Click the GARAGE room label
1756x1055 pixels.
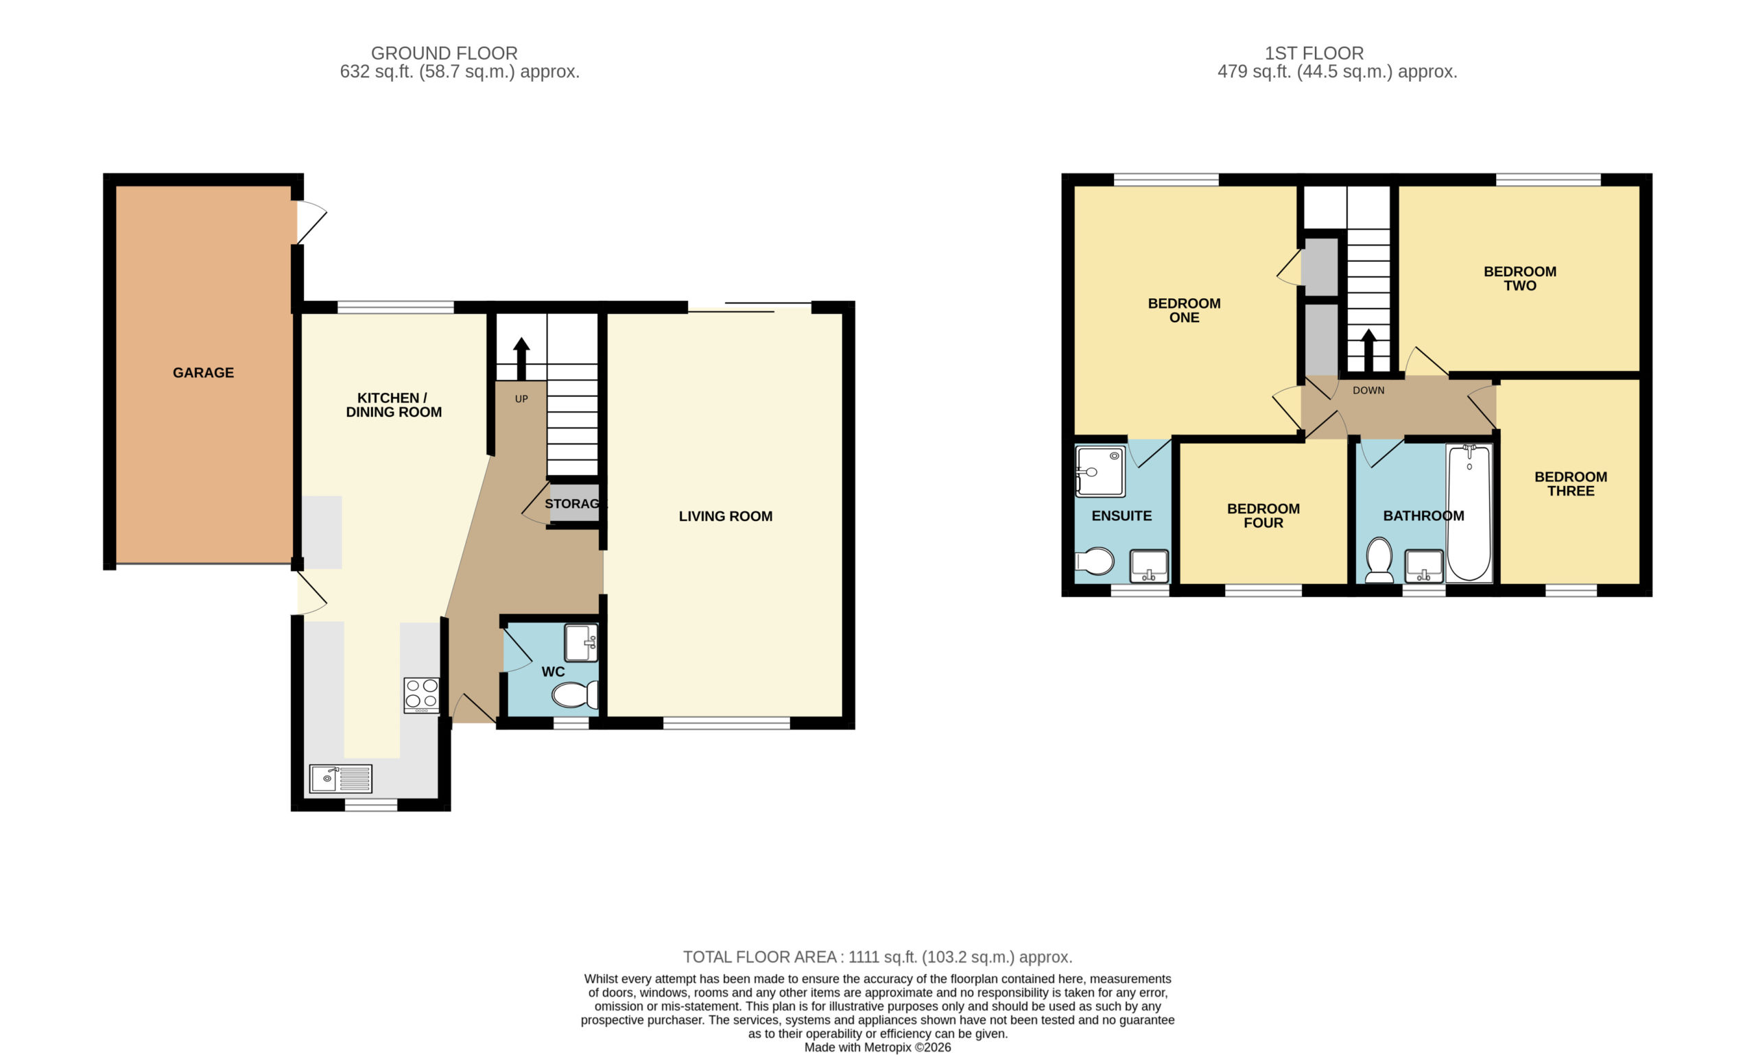click(x=203, y=372)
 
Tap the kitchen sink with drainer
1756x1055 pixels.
click(x=341, y=779)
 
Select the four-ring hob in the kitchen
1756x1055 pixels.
click(x=422, y=695)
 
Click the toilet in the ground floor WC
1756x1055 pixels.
click(x=576, y=694)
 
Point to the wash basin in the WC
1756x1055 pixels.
click(x=581, y=643)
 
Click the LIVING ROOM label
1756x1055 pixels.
click(x=726, y=516)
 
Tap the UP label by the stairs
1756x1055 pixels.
click(x=521, y=399)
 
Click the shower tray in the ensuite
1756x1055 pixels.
click(x=1100, y=472)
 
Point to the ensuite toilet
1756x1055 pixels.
click(x=1094, y=561)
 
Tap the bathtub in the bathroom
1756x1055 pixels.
click(x=1469, y=513)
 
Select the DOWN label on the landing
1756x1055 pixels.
click(x=1368, y=390)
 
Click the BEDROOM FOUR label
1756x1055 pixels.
click(x=1263, y=516)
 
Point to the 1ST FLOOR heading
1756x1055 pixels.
click(x=1314, y=53)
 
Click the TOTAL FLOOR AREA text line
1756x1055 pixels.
click(x=877, y=957)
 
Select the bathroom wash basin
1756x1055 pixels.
click(x=1424, y=566)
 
